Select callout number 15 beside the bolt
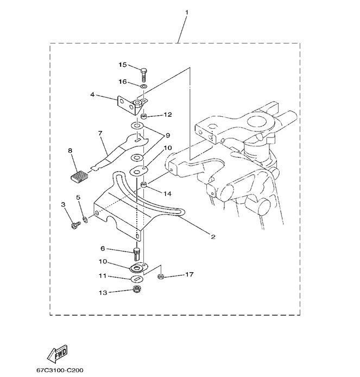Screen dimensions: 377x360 coord(122,65)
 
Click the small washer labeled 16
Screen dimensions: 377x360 coord(143,86)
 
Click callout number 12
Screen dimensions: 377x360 coord(167,115)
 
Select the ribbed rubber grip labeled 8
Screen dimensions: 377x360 coord(78,177)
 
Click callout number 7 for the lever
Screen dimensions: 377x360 coord(100,133)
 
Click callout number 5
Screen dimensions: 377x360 coord(78,198)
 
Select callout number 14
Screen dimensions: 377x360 coord(167,193)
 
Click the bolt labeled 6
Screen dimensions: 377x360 coord(137,254)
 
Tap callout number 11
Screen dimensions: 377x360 coord(102,276)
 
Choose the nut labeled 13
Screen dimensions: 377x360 coord(137,289)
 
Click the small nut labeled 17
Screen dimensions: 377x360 coord(161,277)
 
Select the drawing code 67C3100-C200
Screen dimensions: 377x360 coord(60,370)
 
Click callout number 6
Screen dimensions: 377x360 coord(102,248)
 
